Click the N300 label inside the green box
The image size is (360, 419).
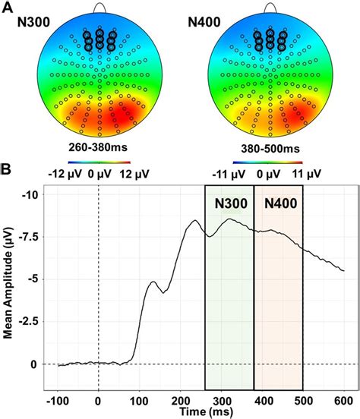tap(229, 203)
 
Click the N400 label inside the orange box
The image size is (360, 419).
tap(279, 203)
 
